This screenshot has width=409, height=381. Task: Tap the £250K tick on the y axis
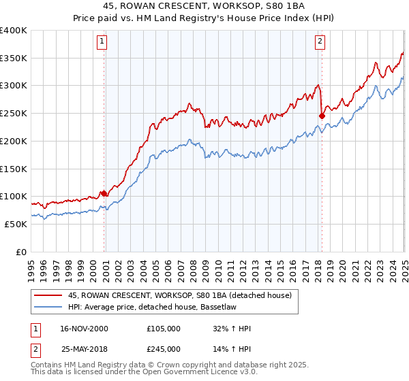tap(14, 113)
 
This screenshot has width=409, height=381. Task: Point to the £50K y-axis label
tap(16, 224)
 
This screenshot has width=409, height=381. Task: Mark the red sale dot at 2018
tap(322, 116)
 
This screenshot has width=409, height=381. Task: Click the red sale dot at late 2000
tap(104, 194)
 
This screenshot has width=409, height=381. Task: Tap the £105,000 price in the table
tap(164, 329)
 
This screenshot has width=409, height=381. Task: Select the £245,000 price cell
tap(164, 349)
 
